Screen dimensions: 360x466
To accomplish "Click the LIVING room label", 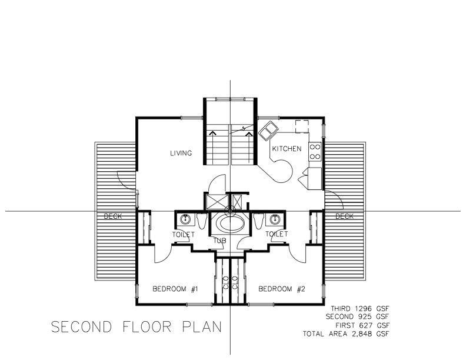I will pyautogui.click(x=181, y=154).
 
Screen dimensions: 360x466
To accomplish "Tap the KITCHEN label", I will pyautogui.click(x=287, y=149).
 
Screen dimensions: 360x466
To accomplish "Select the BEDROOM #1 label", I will pyautogui.click(x=174, y=289).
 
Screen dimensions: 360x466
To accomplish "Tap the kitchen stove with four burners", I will pyautogui.click(x=315, y=152).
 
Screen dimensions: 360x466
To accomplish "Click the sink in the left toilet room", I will pyautogui.click(x=186, y=220).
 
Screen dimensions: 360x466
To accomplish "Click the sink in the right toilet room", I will pyautogui.click(x=274, y=220).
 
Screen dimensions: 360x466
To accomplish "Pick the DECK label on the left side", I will pyautogui.click(x=112, y=216).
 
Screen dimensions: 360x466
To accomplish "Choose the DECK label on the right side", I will pyautogui.click(x=345, y=216).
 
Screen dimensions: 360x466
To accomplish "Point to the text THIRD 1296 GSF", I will pyautogui.click(x=361, y=308).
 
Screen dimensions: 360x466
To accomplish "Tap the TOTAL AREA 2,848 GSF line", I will pyautogui.click(x=347, y=334).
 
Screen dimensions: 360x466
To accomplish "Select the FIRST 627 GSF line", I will pyautogui.click(x=363, y=325).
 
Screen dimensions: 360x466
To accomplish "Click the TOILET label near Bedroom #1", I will pyautogui.click(x=184, y=234).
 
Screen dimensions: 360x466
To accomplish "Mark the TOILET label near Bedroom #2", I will pyautogui.click(x=277, y=234).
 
